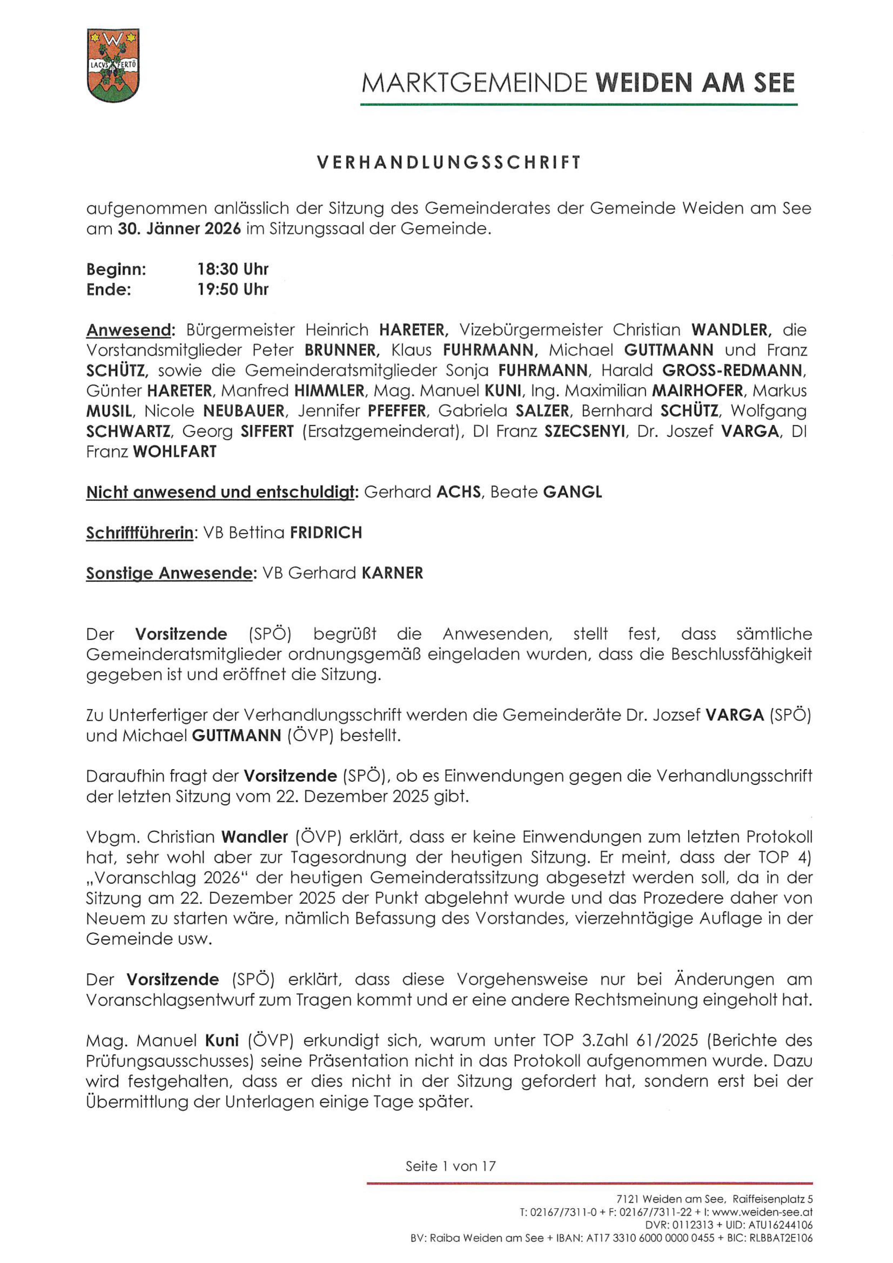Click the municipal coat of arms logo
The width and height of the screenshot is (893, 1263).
coord(113,66)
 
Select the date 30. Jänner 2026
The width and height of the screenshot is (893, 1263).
coord(179,229)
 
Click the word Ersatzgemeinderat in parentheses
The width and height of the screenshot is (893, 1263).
coord(380,431)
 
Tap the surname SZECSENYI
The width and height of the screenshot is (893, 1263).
coord(585,431)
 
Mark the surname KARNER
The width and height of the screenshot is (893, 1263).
coord(392,573)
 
